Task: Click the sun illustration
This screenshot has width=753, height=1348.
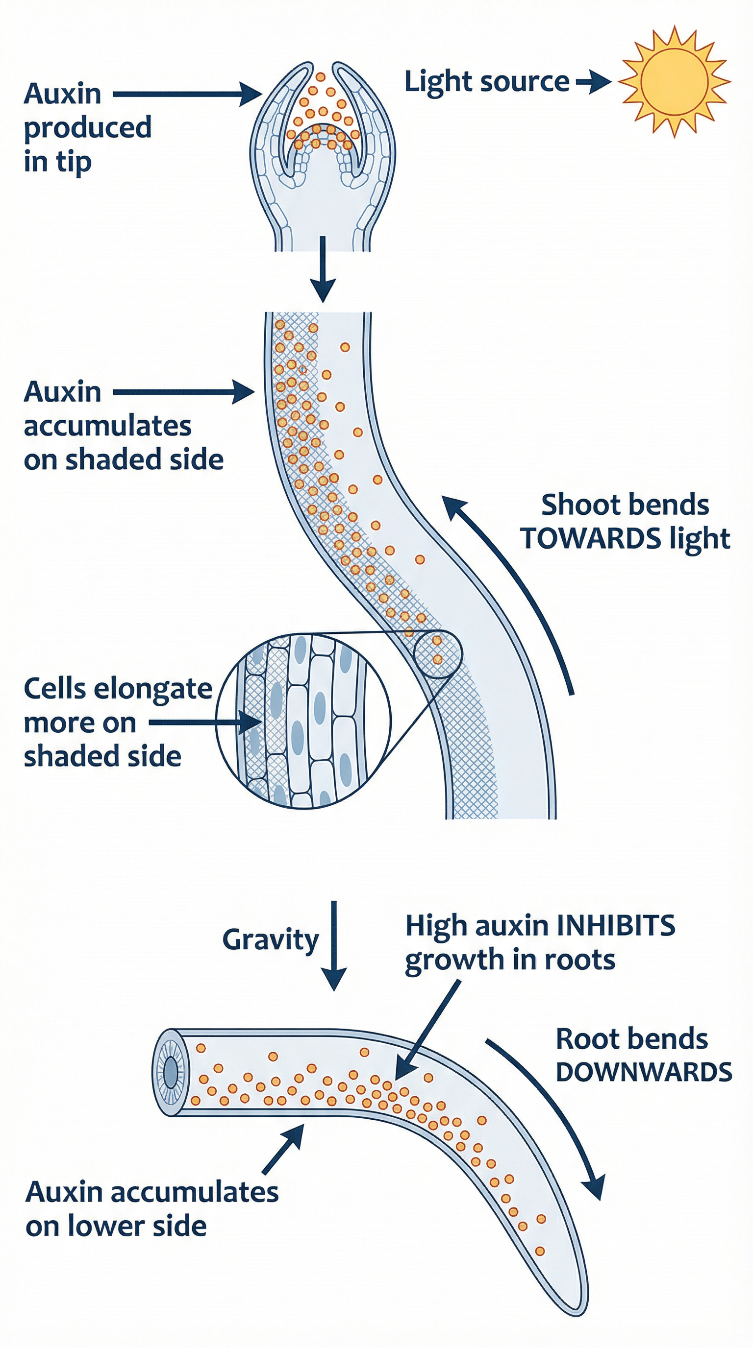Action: [675, 82]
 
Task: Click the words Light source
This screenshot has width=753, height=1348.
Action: [486, 82]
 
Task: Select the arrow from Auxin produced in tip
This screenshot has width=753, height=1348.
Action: [186, 94]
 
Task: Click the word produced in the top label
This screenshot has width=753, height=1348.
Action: [88, 128]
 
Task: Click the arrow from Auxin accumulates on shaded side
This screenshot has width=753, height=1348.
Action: [183, 391]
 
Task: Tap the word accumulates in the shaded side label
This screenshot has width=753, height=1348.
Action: [107, 426]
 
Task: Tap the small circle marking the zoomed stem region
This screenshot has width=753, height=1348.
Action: [438, 654]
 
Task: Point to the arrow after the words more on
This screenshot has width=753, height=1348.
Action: [204, 722]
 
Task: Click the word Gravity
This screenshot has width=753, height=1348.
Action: [270, 940]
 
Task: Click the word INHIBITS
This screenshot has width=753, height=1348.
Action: [615, 926]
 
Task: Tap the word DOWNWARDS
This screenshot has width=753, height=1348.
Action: [644, 1072]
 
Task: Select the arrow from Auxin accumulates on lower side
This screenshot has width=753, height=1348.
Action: [283, 1149]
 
